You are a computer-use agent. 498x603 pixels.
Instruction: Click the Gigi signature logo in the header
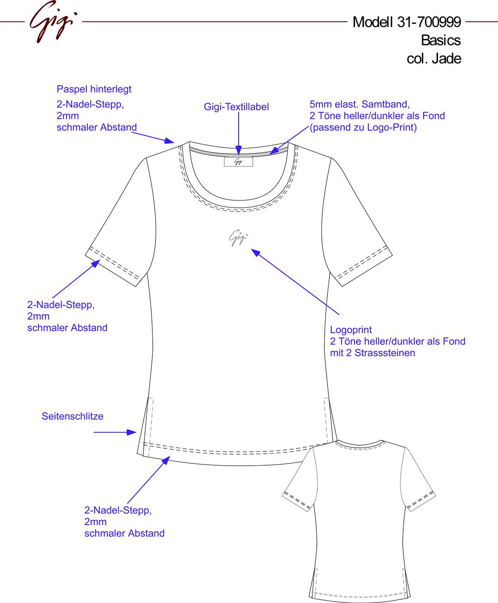click(53, 22)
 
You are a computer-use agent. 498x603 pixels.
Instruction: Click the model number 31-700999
click(429, 22)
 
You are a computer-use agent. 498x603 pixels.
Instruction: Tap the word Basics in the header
click(441, 40)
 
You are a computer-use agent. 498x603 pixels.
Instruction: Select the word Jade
click(446, 58)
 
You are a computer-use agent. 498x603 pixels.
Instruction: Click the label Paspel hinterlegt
click(94, 89)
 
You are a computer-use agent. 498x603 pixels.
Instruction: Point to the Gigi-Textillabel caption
click(236, 107)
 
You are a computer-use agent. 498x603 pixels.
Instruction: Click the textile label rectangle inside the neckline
click(238, 162)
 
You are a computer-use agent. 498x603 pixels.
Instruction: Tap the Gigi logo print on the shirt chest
click(238, 237)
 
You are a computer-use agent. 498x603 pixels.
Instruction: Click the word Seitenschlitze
click(72, 416)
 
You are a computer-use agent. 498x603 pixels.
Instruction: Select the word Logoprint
click(351, 330)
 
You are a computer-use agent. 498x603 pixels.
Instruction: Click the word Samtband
click(386, 104)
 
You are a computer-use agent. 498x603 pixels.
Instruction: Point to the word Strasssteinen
click(385, 353)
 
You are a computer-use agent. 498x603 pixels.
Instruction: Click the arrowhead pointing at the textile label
click(239, 150)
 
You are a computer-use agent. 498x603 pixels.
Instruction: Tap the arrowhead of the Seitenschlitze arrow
click(131, 432)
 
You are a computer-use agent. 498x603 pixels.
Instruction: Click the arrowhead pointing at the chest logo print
click(256, 252)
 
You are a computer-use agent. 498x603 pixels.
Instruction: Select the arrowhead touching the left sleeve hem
click(96, 263)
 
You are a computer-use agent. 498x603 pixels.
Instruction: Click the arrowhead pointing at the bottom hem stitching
click(166, 460)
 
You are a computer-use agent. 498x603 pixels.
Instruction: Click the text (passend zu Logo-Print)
click(363, 128)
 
